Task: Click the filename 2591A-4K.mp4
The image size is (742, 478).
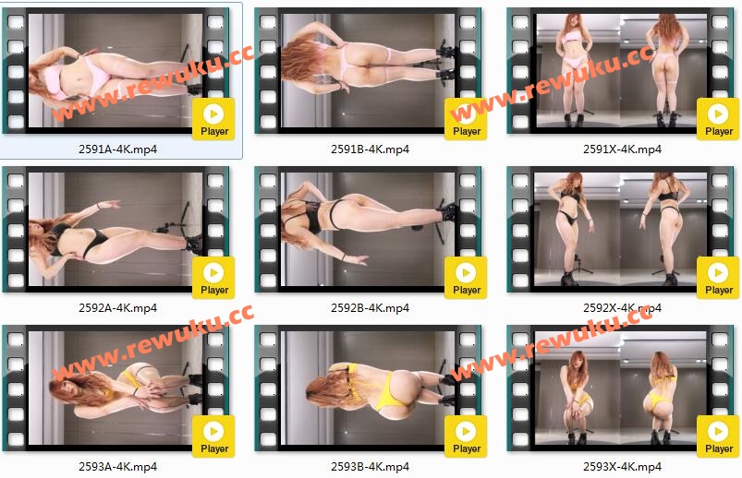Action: [118, 149]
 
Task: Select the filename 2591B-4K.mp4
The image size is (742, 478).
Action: [370, 149]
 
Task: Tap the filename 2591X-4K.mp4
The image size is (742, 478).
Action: [622, 149]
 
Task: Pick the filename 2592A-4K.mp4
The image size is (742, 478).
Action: [118, 308]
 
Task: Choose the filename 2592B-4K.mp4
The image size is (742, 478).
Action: [370, 308]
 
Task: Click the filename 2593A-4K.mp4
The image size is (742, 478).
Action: [118, 467]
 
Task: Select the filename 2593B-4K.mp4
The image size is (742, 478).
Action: [370, 467]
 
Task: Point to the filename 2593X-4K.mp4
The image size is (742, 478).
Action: [622, 467]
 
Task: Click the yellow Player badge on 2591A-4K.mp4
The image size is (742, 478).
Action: [213, 119]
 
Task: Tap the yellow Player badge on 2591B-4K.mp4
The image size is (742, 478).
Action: [466, 119]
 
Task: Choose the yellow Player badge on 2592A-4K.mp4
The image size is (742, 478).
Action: [213, 278]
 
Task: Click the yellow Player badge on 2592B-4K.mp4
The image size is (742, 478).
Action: [466, 278]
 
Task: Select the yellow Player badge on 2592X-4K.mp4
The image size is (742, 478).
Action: [718, 278]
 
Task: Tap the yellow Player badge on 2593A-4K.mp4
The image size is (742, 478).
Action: [213, 436]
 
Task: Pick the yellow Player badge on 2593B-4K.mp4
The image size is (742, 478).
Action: [466, 436]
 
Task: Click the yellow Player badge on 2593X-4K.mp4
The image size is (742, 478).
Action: [718, 436]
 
